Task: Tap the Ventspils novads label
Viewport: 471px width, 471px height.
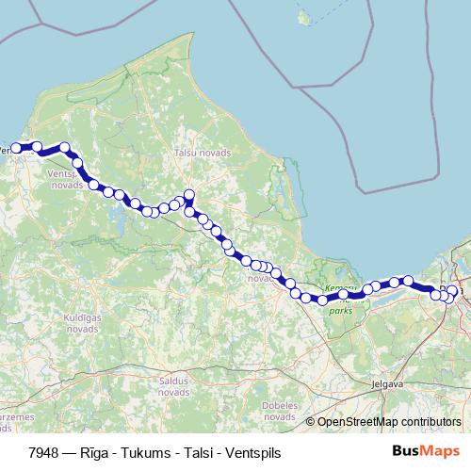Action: coord(65,180)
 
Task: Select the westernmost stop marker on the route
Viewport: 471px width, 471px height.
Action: coord(16,148)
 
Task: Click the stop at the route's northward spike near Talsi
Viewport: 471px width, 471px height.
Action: coord(188,195)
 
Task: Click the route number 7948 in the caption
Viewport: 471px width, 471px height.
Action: coord(43,452)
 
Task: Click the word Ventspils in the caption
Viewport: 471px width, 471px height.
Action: coord(235,452)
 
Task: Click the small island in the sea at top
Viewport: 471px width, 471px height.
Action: coord(304,17)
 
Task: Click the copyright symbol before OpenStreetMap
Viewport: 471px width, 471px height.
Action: coord(312,422)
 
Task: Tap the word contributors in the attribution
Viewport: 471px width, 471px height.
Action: coord(430,422)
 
